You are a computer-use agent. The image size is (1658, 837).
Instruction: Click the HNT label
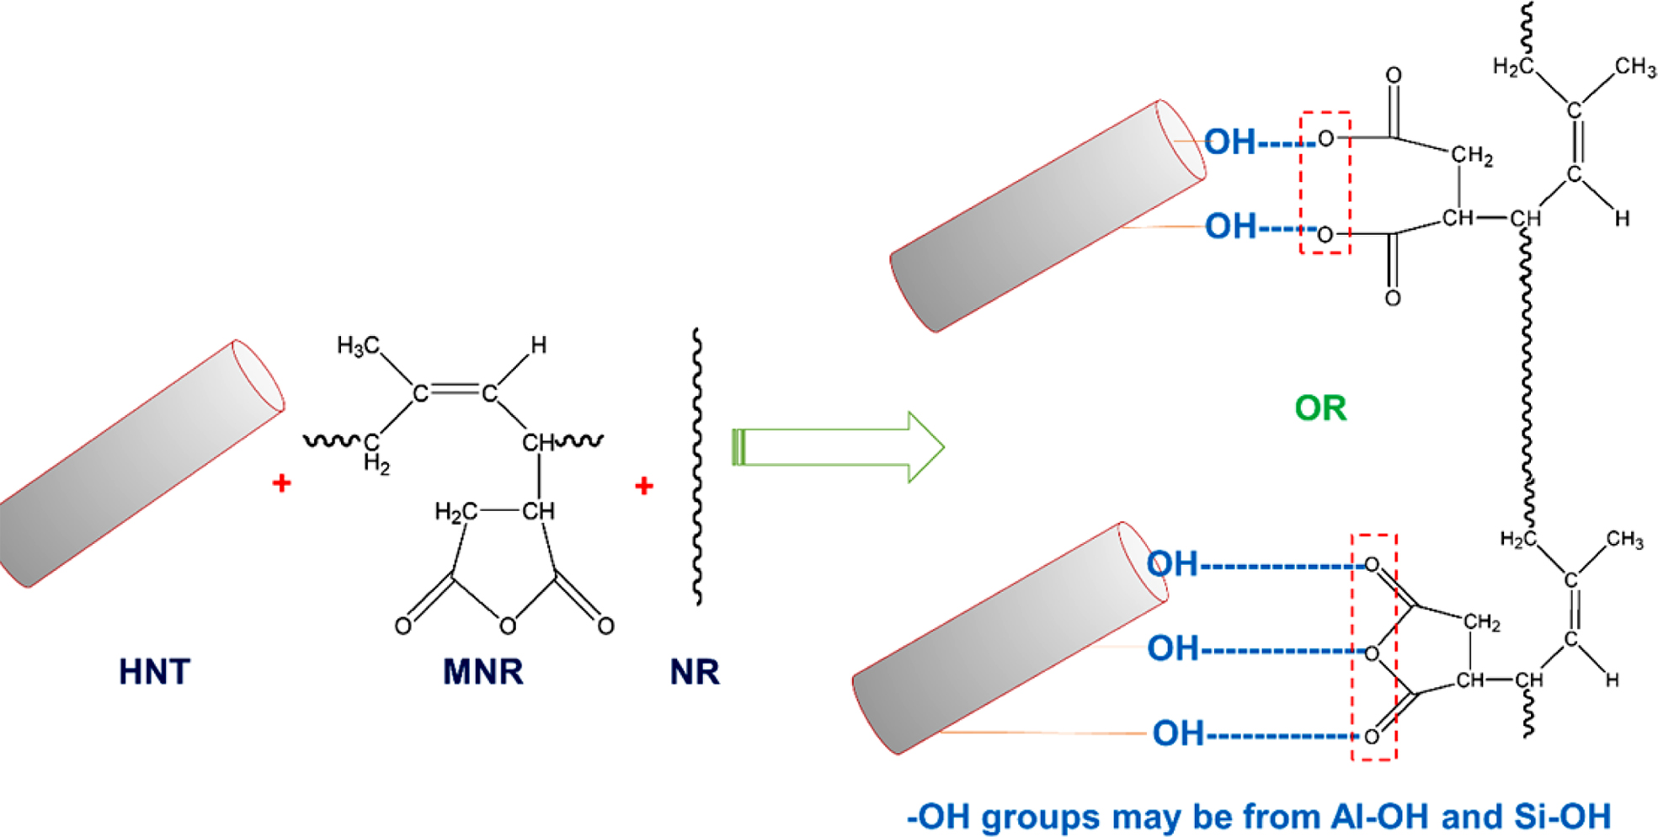154,672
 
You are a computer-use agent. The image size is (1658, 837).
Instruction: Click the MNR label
482,672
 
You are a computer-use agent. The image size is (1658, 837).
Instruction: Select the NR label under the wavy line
695,672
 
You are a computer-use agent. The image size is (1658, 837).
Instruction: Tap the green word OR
1320,408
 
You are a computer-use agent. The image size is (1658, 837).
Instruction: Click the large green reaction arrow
838,447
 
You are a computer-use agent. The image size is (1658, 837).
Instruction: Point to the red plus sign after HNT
282,483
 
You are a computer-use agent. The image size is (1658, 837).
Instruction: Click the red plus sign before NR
644,486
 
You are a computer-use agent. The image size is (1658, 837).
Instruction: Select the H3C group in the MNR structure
358,345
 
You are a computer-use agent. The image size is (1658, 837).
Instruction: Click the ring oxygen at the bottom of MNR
507,626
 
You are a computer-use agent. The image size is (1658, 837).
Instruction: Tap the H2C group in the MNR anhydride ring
456,512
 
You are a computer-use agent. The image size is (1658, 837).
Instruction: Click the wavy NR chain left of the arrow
697,467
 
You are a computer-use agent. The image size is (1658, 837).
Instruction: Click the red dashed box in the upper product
1325,182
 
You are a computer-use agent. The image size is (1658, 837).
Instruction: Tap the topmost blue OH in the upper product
1229,142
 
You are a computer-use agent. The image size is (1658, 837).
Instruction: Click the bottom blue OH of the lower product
1178,734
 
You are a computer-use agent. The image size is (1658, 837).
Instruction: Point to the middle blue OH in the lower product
1173,649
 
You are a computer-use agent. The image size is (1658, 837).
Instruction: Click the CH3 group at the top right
1635,67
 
